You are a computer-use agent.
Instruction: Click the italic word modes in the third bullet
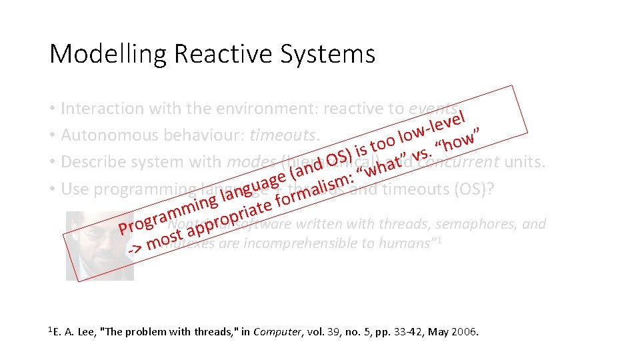coord(252,162)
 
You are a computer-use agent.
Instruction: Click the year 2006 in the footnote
coord(464,331)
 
